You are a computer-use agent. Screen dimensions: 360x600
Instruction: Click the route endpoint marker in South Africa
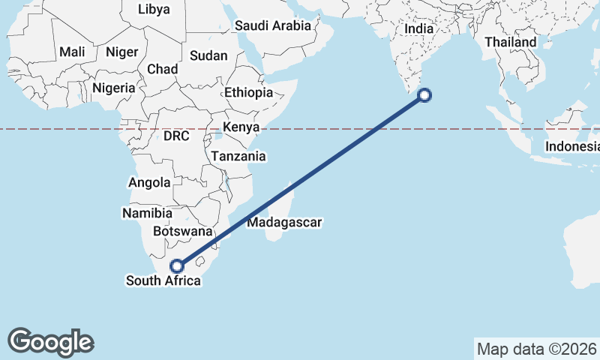(x=177, y=265)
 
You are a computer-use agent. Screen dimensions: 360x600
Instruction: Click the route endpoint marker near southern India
(x=424, y=94)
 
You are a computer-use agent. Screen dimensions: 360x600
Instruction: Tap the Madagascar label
(x=284, y=223)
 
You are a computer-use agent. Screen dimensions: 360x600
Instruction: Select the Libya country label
(x=154, y=10)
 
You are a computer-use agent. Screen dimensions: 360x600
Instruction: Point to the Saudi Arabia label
(x=273, y=25)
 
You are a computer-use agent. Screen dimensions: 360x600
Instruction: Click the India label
(x=419, y=28)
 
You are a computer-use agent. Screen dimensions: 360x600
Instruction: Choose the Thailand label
(x=511, y=42)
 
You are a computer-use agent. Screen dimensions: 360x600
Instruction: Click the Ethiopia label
(x=248, y=93)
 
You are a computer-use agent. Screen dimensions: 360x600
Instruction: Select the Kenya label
(x=241, y=127)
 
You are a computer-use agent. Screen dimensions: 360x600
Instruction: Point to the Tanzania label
(x=238, y=156)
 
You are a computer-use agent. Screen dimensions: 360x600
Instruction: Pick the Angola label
(x=151, y=182)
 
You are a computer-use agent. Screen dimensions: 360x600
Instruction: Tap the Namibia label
(x=142, y=214)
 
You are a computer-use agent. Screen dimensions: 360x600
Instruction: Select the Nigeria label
(x=114, y=88)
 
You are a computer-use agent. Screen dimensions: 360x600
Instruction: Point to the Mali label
(x=72, y=52)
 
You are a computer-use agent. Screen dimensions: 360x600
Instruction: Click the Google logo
(x=51, y=341)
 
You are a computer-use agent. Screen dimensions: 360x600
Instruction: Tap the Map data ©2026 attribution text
(x=535, y=349)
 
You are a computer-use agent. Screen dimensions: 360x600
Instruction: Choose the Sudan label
(x=208, y=55)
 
